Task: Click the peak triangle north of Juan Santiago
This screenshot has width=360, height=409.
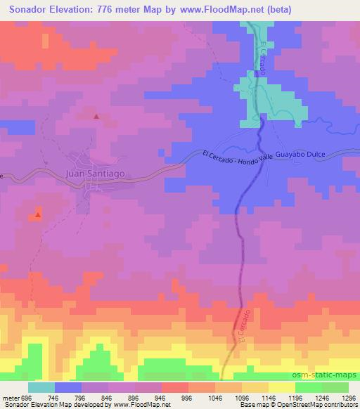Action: click(x=96, y=116)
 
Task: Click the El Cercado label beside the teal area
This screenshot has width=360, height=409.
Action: click(x=263, y=58)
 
